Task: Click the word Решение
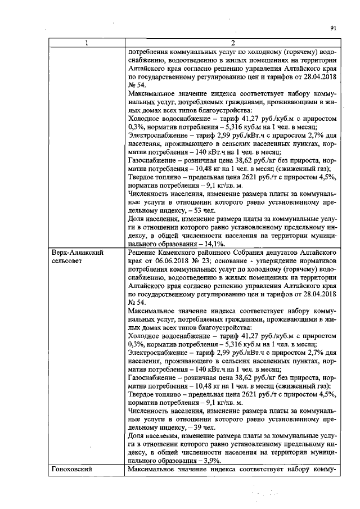(145, 254)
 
